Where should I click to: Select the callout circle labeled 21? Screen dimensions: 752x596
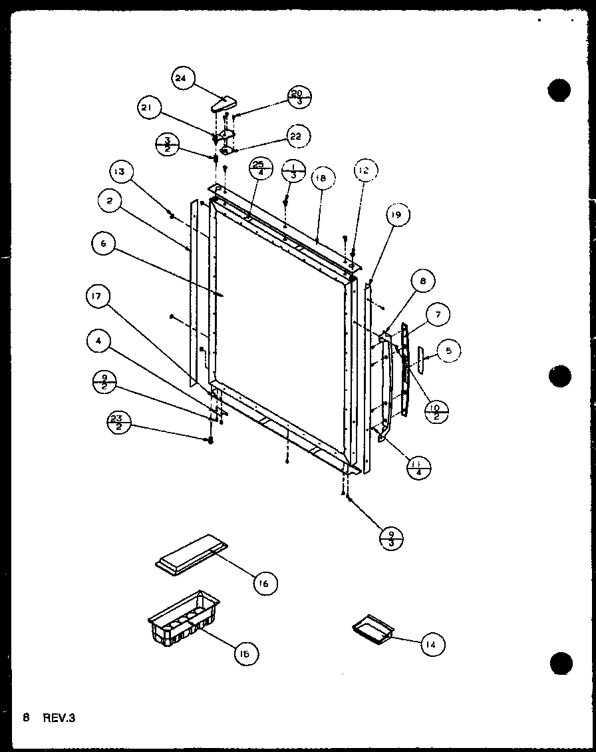click(x=150, y=108)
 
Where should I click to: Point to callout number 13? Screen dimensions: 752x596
click(x=119, y=174)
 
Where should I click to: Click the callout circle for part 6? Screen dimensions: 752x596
click(x=104, y=246)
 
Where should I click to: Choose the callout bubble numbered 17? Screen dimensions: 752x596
click(x=98, y=297)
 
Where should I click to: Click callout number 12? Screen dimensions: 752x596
click(x=362, y=172)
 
